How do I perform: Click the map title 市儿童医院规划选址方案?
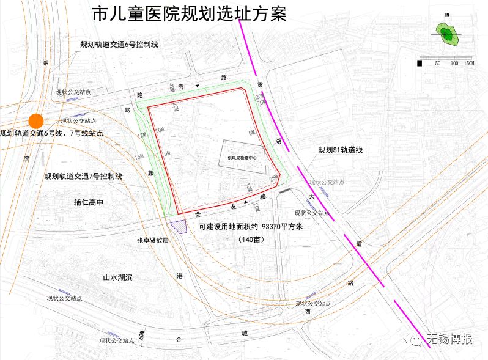coord(188,14)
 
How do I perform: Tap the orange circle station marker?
coord(36,120)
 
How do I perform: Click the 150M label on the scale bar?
coord(468,63)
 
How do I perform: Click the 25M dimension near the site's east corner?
coord(273,178)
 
